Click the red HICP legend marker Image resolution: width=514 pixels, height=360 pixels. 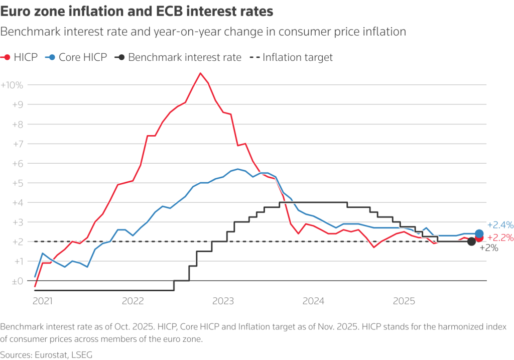(x=7, y=57)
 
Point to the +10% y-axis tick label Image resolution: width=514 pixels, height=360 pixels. (x=12, y=85)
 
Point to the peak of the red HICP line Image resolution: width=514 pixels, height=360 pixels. (x=200, y=73)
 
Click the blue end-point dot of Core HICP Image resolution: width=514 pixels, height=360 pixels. (x=479, y=233)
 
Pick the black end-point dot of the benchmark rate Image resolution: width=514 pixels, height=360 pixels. (x=471, y=242)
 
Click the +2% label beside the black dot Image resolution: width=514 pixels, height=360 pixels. (x=489, y=248)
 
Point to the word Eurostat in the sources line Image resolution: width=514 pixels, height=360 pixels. (x=52, y=354)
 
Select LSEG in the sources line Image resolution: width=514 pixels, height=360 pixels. (x=82, y=354)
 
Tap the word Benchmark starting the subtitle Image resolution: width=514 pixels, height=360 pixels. (x=28, y=32)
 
